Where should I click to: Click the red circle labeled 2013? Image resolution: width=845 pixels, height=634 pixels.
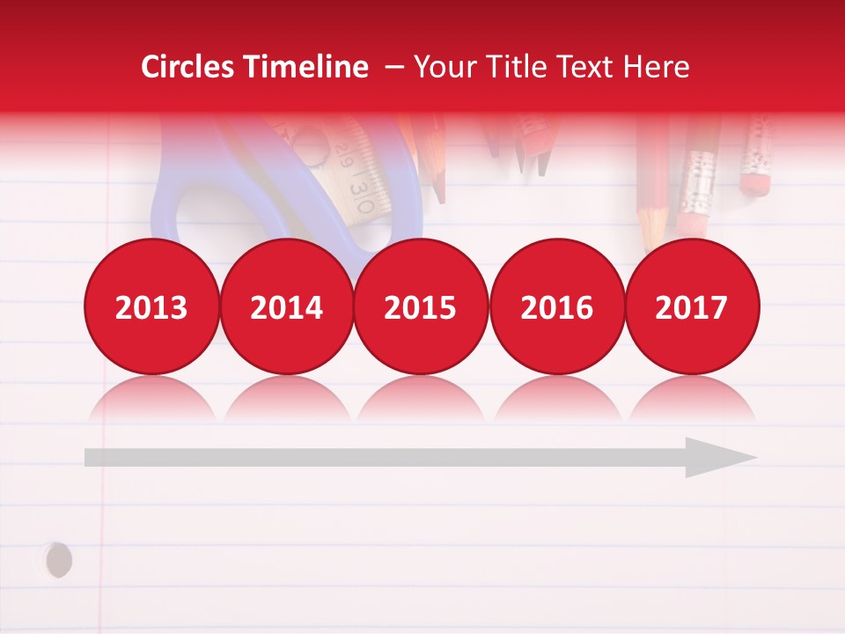(151, 306)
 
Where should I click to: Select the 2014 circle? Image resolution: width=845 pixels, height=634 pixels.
(287, 306)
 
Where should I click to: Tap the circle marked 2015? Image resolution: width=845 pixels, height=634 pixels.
(421, 306)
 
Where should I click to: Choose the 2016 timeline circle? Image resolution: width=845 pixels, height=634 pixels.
(556, 306)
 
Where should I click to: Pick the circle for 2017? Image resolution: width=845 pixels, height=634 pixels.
(692, 306)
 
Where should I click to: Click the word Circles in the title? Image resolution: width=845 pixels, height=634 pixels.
(189, 67)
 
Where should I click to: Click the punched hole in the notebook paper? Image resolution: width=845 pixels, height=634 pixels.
(58, 560)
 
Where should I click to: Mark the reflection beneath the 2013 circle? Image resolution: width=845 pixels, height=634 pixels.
(151, 401)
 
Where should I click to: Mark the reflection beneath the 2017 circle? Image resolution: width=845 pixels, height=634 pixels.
(692, 401)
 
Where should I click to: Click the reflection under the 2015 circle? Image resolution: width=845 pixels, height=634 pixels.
(421, 401)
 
